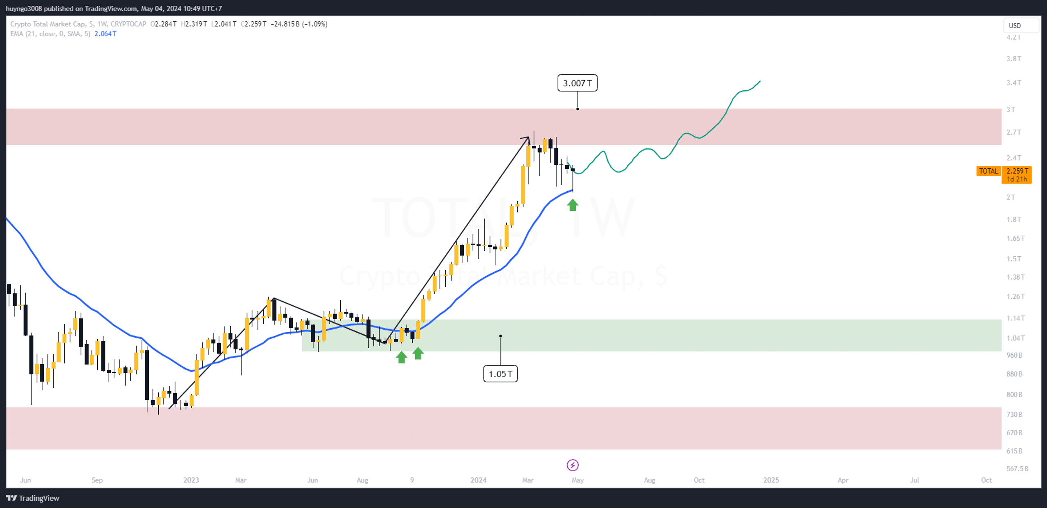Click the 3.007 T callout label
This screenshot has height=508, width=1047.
pos(577,83)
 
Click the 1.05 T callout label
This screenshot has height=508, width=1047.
pos(500,374)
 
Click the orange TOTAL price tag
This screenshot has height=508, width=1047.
pos(989,171)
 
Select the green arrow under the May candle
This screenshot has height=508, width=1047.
pos(573,205)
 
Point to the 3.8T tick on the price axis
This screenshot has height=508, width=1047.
pos(1013,59)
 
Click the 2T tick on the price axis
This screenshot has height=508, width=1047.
pos(1011,197)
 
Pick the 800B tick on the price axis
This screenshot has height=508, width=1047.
pos(1014,394)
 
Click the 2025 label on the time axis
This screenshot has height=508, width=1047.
pos(771,480)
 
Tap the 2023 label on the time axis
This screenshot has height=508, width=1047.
pos(191,480)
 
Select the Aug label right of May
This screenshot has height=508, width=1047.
pos(649,480)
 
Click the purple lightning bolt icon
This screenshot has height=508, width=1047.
pos(573,465)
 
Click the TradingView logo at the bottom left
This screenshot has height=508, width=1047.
pos(33,498)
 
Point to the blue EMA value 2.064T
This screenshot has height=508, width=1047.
pos(105,34)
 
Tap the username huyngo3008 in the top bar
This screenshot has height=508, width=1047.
pos(23,9)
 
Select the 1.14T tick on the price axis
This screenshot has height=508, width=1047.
pos(1016,318)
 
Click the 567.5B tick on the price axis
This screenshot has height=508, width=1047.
pos(1017,468)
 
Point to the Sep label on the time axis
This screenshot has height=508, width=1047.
pos(97,480)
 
